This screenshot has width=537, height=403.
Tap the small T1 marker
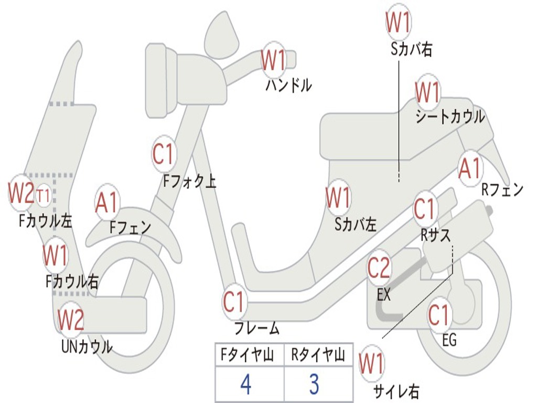point(44,196)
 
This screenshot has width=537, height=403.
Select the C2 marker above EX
point(379,268)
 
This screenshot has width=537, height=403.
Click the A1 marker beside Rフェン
point(470,168)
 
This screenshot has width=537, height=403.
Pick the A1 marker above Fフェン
point(107,202)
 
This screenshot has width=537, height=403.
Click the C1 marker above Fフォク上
point(164,154)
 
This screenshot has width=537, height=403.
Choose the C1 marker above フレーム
point(234,302)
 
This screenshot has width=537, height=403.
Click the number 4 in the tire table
point(246,384)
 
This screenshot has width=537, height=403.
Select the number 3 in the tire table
point(314,384)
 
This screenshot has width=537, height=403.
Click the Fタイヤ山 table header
point(247,354)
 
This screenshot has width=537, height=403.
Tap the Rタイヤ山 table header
point(318,354)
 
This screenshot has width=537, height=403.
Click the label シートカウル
point(450,116)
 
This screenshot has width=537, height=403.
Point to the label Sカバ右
point(411,49)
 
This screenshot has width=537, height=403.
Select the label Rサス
point(435,235)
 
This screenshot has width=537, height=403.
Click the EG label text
point(449,340)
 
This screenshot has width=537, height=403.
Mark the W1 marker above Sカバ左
point(338,197)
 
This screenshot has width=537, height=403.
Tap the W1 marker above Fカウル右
point(55,255)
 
